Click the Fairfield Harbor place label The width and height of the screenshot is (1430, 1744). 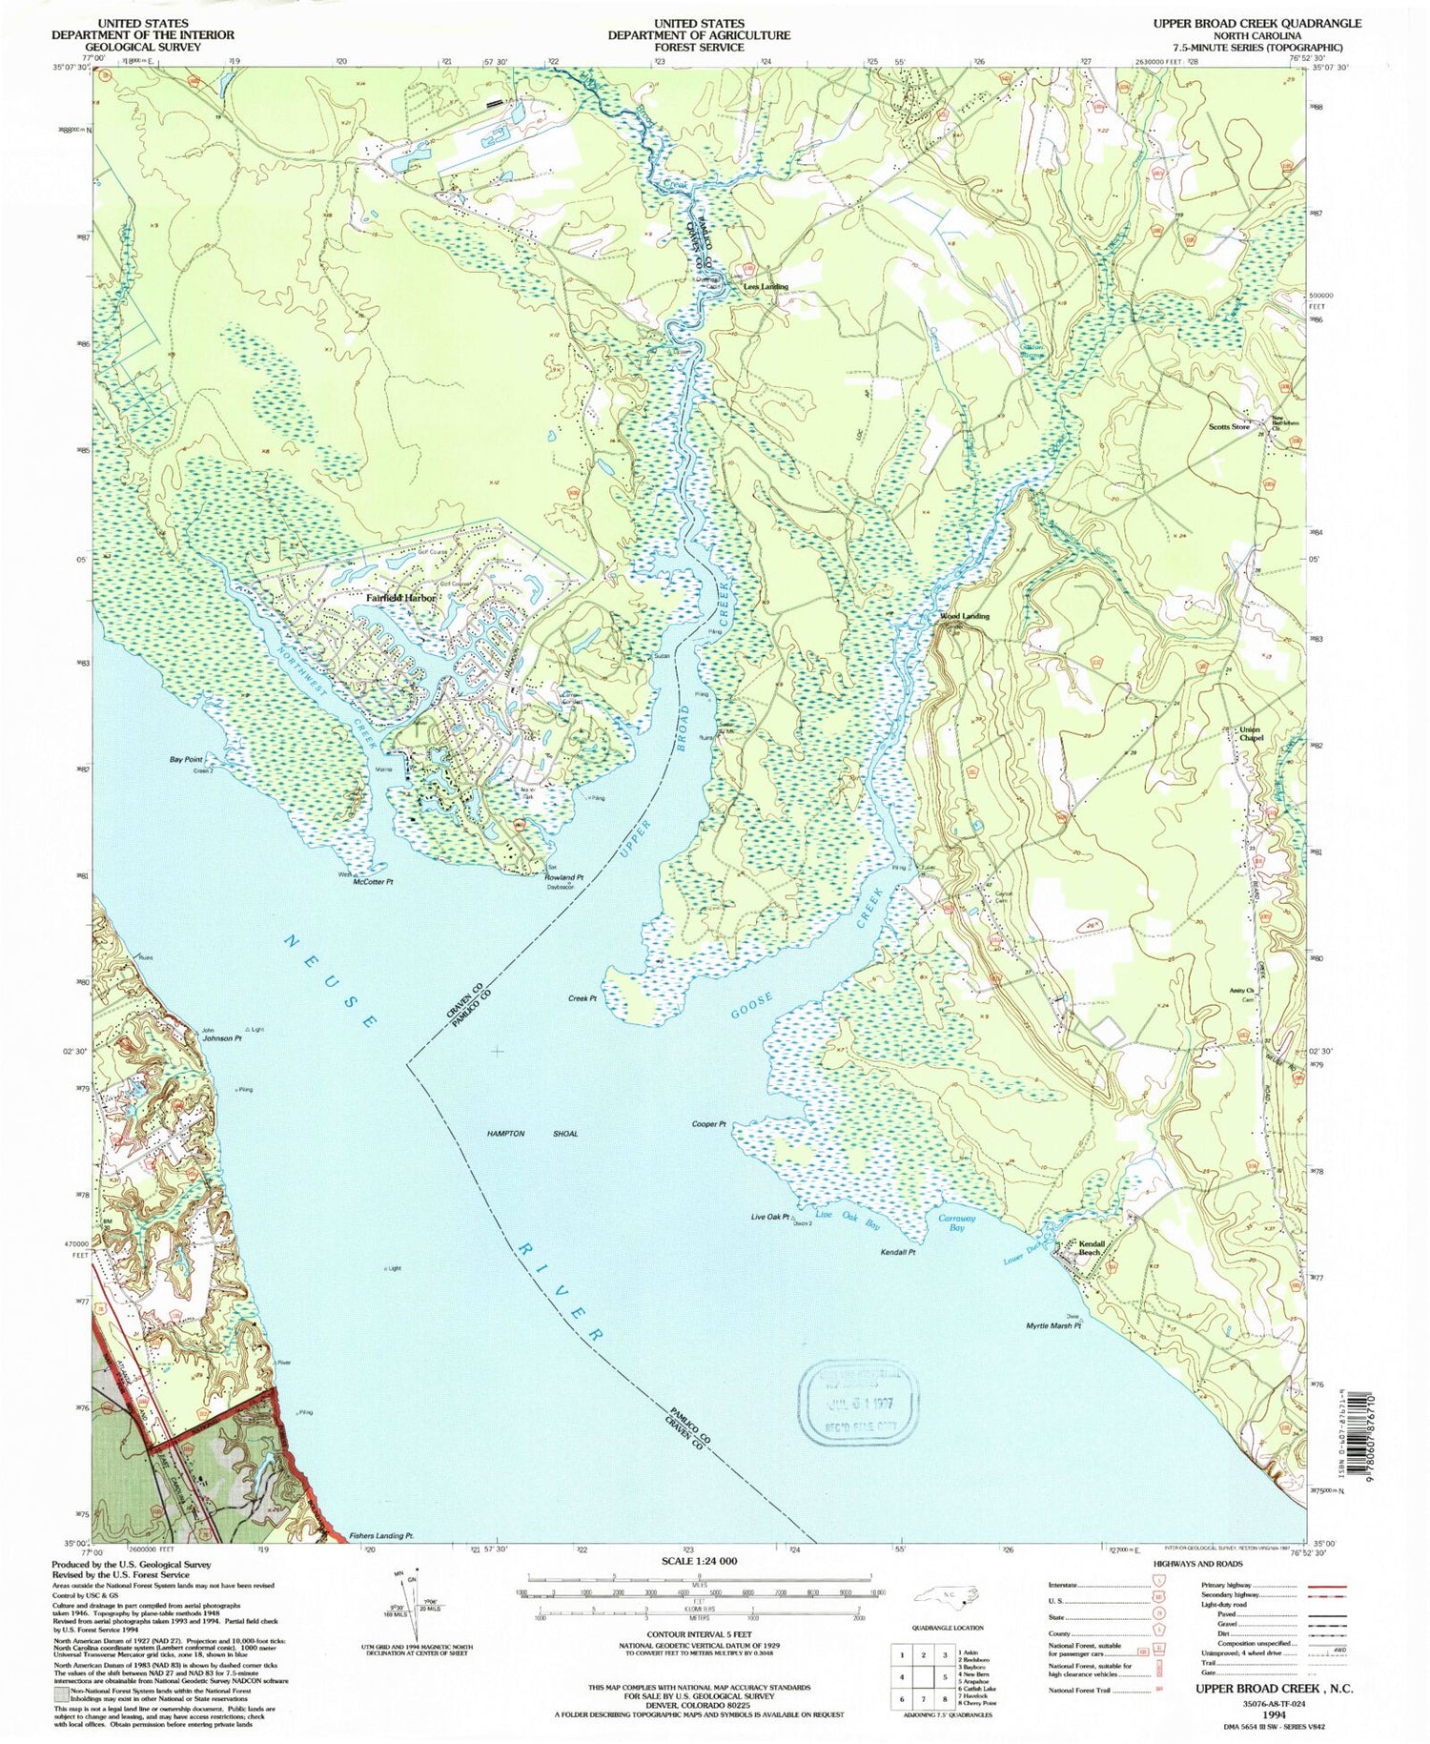pyautogui.click(x=400, y=598)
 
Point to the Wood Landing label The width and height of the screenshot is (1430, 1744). pyautogui.click(x=965, y=616)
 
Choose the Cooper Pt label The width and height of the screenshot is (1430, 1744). pyautogui.click(x=709, y=1124)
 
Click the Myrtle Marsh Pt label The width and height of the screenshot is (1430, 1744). pyautogui.click(x=1053, y=1326)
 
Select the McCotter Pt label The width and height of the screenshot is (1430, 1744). pyautogui.click(x=373, y=882)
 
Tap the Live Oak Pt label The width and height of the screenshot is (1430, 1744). pyautogui.click(x=770, y=1218)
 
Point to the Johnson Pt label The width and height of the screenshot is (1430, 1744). pyautogui.click(x=221, y=1037)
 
